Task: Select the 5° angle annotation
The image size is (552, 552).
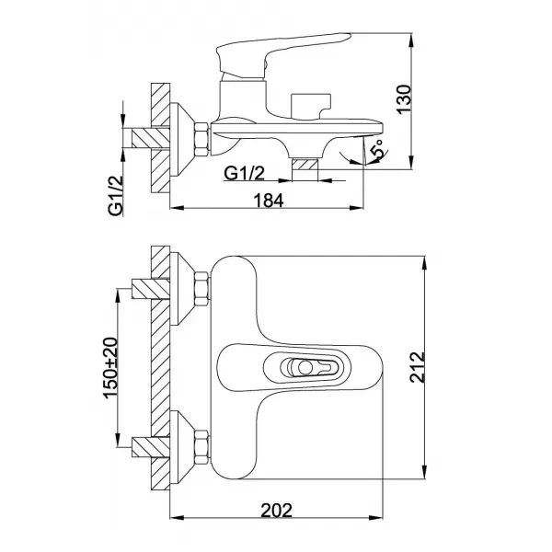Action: [x=374, y=150]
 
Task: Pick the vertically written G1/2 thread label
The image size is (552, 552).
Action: [x=116, y=196]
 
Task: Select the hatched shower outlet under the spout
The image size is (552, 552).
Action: [x=305, y=166]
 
